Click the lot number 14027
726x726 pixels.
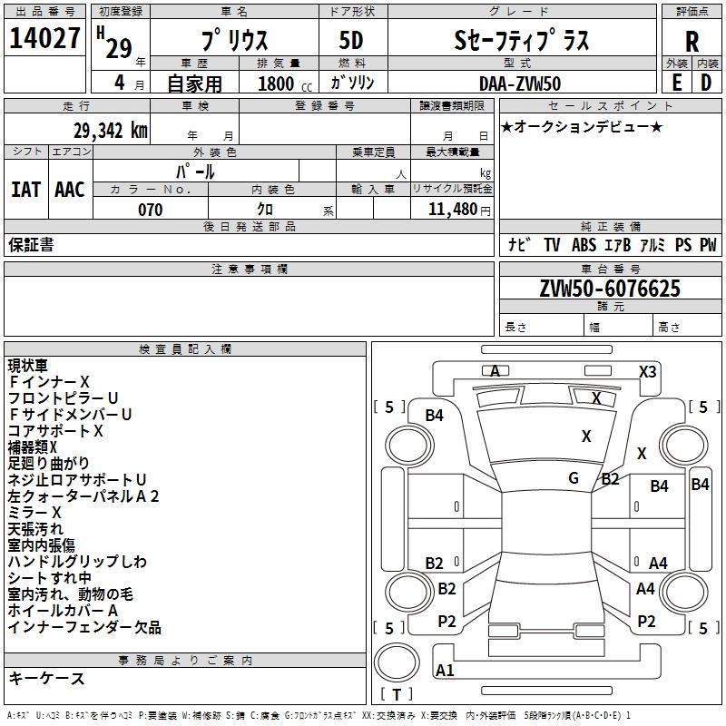click(45, 39)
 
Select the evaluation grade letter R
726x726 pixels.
click(692, 41)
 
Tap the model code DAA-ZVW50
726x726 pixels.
click(520, 83)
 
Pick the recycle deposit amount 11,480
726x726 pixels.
click(459, 210)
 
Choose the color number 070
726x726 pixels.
click(151, 210)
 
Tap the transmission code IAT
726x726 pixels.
click(25, 189)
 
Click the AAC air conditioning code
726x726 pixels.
click(69, 189)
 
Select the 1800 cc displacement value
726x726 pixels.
click(276, 83)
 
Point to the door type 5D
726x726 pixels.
click(351, 41)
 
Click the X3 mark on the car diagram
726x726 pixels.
click(648, 371)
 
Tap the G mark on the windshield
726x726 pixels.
click(574, 478)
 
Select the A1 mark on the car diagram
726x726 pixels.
click(445, 671)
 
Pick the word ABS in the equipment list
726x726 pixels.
click(584, 245)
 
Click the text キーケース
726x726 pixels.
click(46, 678)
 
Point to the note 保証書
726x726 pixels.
click(31, 245)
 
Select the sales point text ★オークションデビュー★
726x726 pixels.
click(582, 126)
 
